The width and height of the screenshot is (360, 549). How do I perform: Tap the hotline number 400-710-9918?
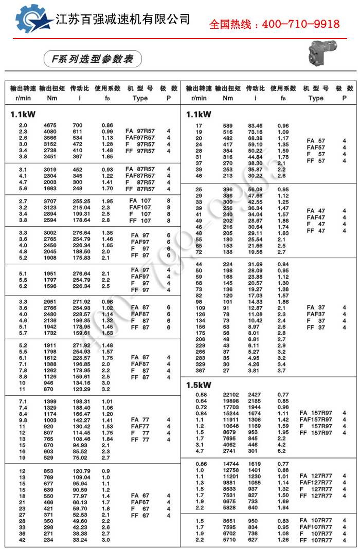(x=275, y=24)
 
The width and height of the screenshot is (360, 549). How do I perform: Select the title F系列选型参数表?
(x=89, y=59)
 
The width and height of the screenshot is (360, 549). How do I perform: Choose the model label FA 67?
(x=140, y=496)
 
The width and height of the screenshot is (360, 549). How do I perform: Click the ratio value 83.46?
(x=255, y=125)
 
